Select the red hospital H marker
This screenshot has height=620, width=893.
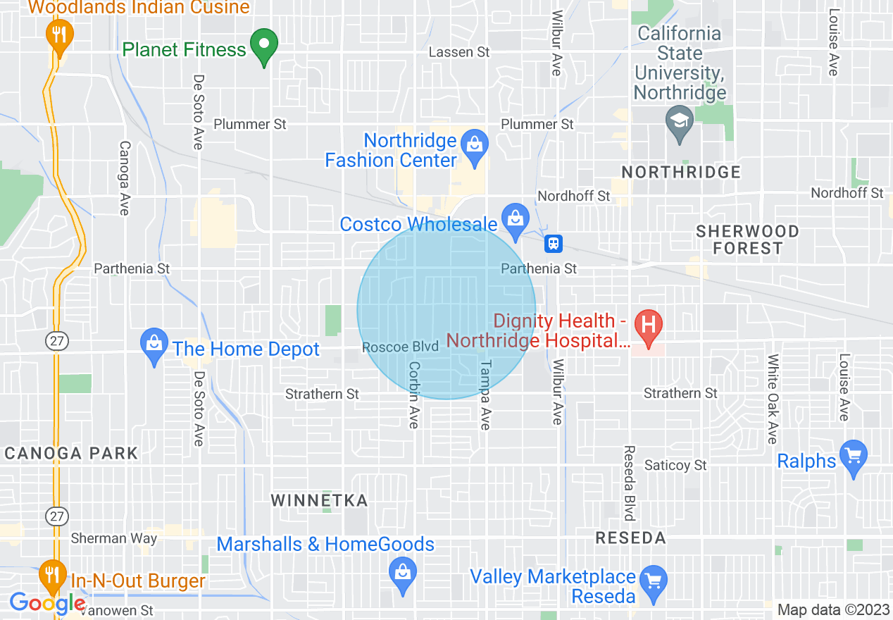[x=649, y=326]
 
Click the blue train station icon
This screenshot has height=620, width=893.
[x=554, y=244]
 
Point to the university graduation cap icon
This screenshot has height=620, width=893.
[x=680, y=122]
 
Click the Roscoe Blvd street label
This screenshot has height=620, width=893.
[x=400, y=347]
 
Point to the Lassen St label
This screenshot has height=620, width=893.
[x=459, y=52]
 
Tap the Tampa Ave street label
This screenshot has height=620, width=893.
[x=485, y=395]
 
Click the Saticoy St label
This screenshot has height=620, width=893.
[x=675, y=465]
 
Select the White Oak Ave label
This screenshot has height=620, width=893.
[x=773, y=399]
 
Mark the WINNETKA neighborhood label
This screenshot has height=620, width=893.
[x=320, y=501]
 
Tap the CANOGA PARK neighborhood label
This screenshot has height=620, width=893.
[x=71, y=453]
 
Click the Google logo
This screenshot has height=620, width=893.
[x=46, y=603]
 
